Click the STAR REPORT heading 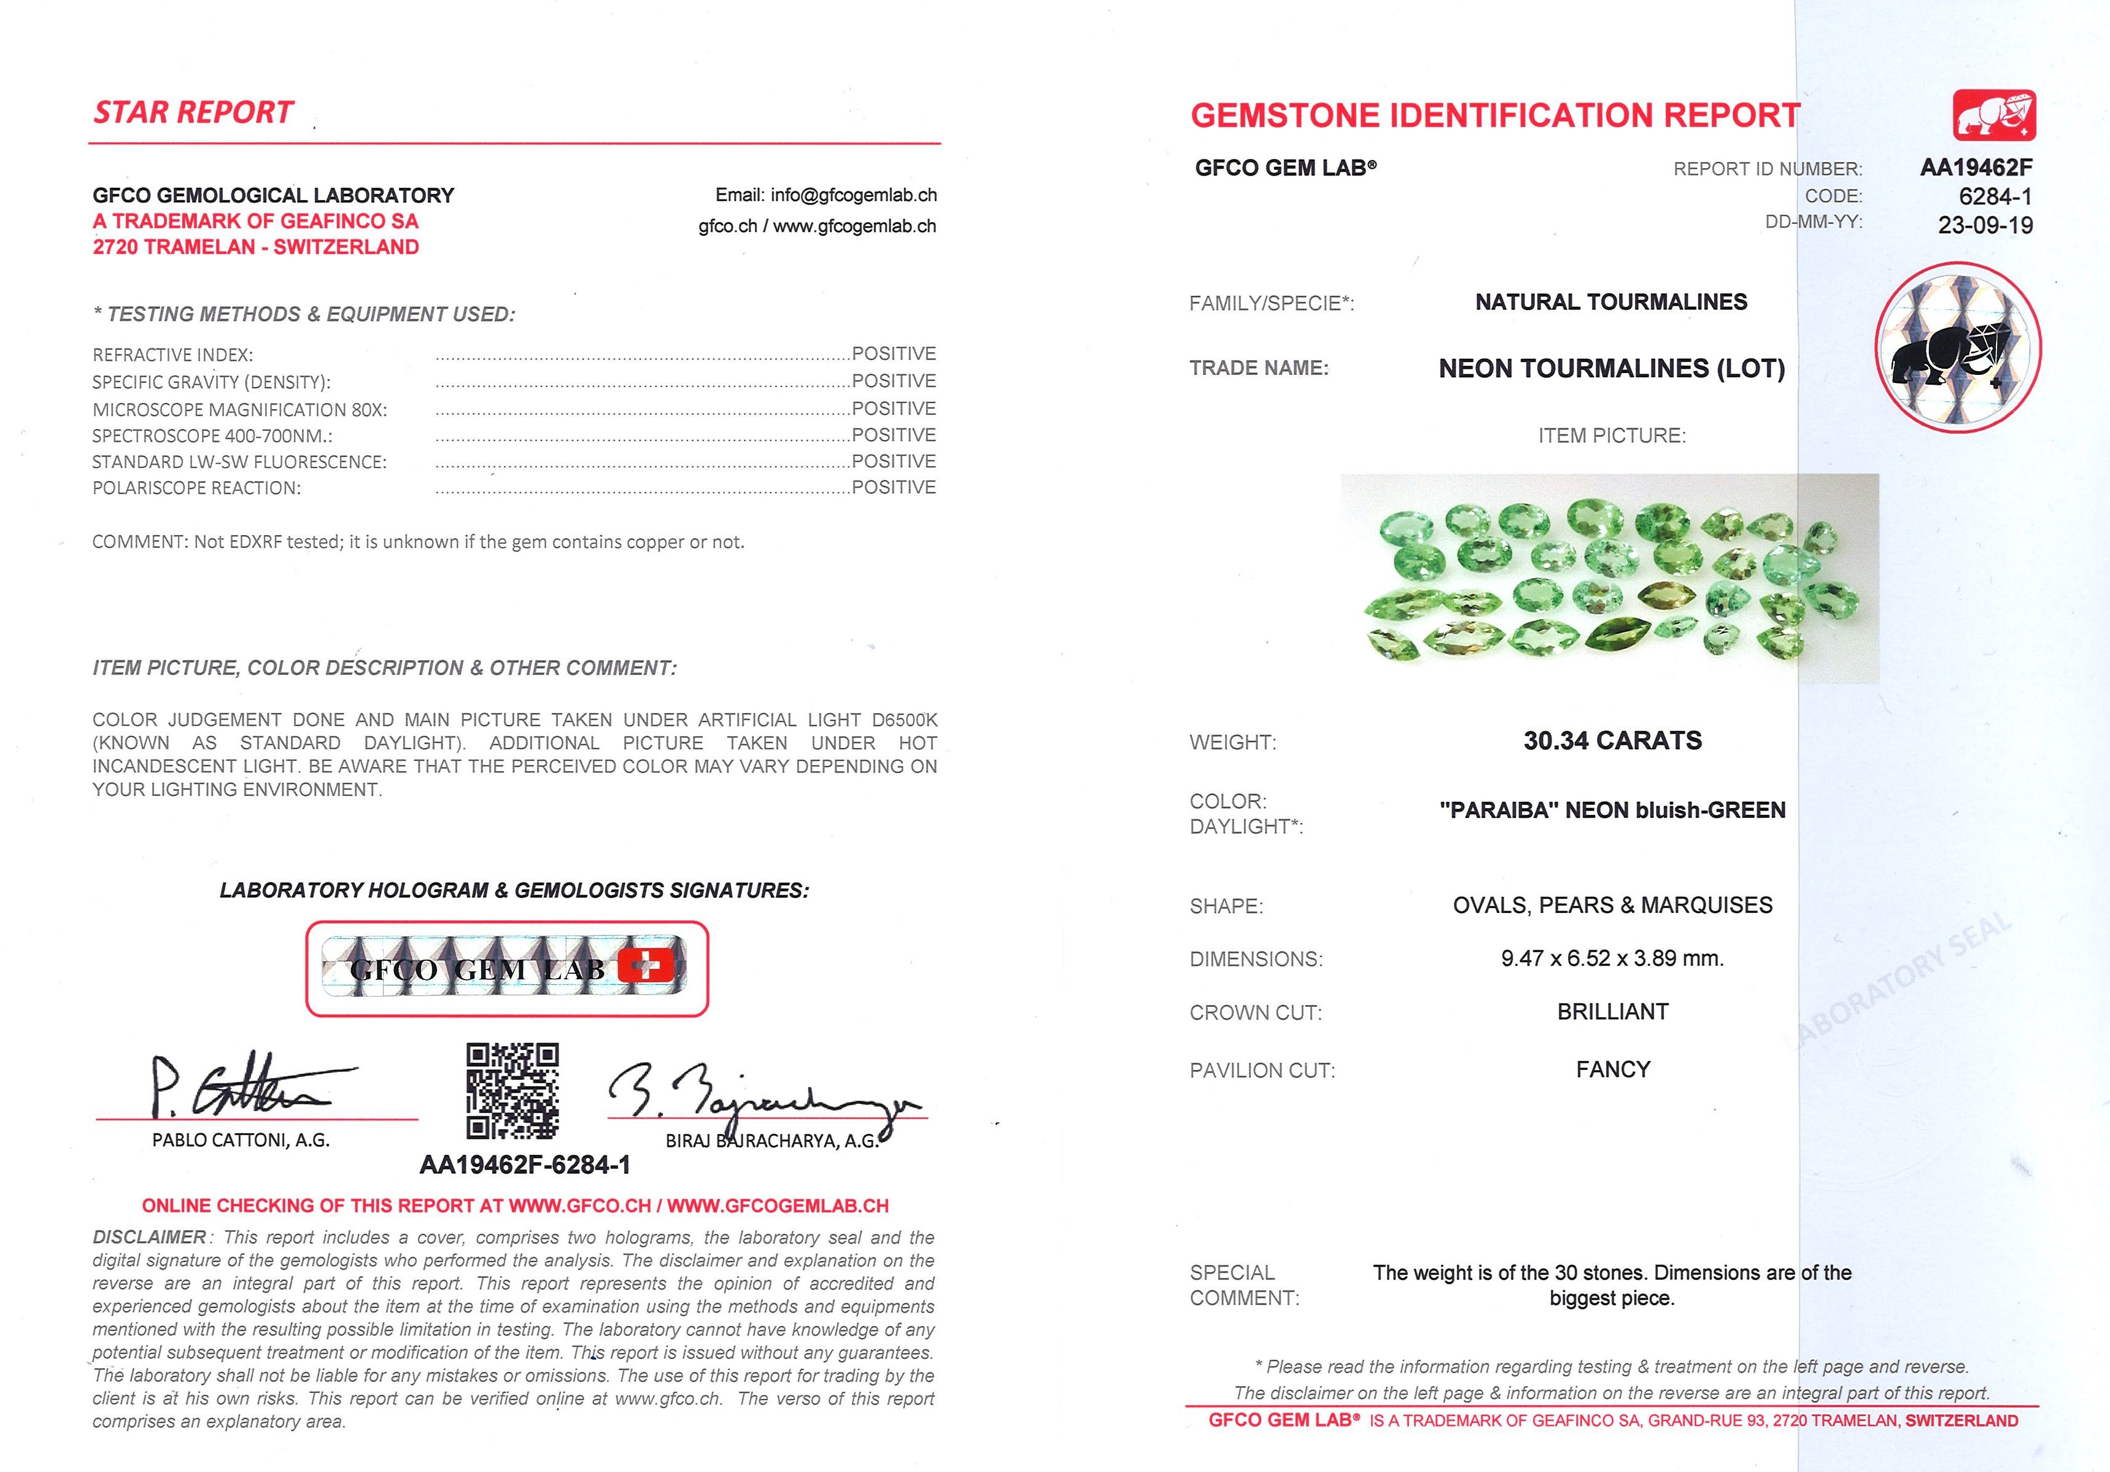point(193,112)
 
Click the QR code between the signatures point(512,1091)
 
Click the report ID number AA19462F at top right point(1976,168)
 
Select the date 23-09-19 point(1985,225)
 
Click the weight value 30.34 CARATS point(1612,741)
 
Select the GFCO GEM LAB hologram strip point(506,968)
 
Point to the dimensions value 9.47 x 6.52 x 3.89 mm point(1612,958)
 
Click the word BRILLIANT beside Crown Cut point(1612,1012)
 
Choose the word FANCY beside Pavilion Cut point(1613,1069)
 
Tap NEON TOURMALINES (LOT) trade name point(1611,368)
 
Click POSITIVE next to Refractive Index point(893,354)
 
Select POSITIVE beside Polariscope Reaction point(893,487)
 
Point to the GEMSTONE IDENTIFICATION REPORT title point(1495,116)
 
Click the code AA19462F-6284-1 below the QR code point(525,1165)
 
